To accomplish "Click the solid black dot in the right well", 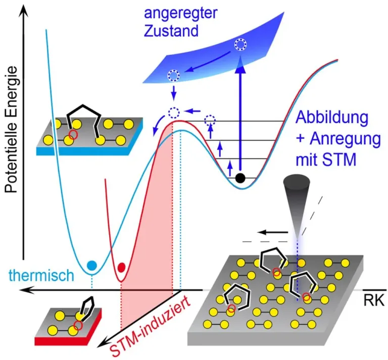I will coord(241,177).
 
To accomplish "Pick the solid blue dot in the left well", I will coord(91,265).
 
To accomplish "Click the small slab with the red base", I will coord(69,323).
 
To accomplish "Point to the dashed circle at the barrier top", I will coord(174,112).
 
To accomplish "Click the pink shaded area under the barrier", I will coord(152,252).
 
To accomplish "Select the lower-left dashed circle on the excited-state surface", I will coord(173,76).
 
